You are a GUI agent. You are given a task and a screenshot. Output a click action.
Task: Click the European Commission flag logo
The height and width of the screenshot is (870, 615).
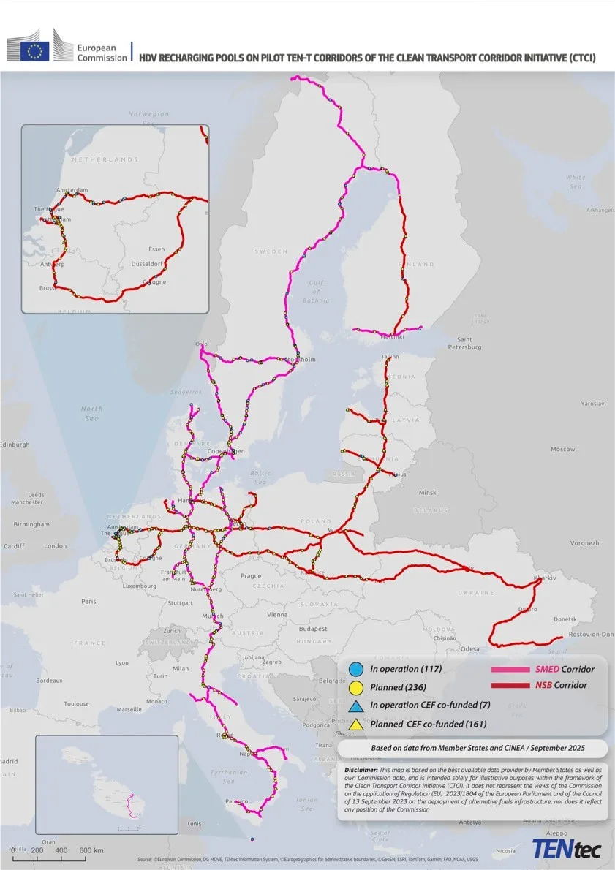pos(34,50)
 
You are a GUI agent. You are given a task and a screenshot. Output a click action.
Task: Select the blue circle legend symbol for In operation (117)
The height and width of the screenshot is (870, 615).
pos(356,668)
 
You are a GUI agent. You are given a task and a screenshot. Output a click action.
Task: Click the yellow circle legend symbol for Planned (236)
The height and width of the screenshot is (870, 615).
pos(356,687)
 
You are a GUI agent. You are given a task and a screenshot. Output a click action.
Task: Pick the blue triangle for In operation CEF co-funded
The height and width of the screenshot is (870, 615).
pos(356,706)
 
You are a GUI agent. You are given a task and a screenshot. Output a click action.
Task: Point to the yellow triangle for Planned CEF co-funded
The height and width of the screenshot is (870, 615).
pos(356,725)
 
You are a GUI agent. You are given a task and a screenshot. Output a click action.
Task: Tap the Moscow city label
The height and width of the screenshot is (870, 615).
pos(562,449)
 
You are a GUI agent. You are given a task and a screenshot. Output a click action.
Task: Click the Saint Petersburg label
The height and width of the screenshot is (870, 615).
pos(469,343)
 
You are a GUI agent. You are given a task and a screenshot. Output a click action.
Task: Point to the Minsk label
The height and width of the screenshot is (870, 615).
pos(427,493)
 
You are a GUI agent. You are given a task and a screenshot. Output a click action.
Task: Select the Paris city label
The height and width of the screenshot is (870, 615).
pos(88,602)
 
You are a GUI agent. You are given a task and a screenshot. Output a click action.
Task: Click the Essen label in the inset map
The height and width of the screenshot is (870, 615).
pos(156,249)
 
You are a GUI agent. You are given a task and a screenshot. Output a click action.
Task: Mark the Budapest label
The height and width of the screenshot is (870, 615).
pos(312,629)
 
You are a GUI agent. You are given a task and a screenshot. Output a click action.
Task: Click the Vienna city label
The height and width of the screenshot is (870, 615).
pos(277,615)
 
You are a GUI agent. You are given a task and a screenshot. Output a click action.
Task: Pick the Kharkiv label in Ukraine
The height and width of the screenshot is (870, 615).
pos(545,578)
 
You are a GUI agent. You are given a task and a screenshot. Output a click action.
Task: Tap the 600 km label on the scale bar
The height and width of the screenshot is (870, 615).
pos(91,850)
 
